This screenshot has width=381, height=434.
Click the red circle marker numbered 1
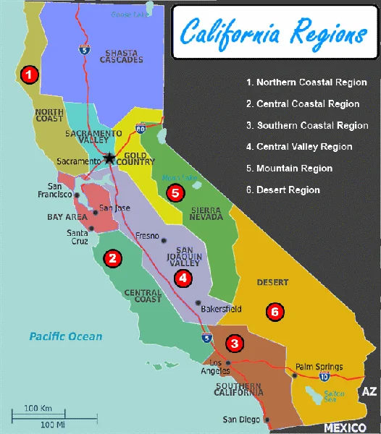pyautogui.click(x=28, y=74)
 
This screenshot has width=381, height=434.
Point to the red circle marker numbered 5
pyautogui.click(x=174, y=193)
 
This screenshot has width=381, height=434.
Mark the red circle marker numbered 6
pyautogui.click(x=273, y=312)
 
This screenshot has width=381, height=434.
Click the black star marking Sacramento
pyautogui.click(x=109, y=158)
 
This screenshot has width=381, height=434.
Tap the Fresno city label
pyautogui.click(x=148, y=236)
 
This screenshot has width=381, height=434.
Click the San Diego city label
pyautogui.click(x=240, y=419)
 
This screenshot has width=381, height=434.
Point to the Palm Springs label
pyautogui.click(x=319, y=367)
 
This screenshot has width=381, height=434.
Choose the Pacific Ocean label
pyautogui.click(x=66, y=336)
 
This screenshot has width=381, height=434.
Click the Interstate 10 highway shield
pyautogui.click(x=323, y=376)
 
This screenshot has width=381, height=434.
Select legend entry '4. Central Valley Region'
pyautogui.click(x=299, y=147)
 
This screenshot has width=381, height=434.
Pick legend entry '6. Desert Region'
pyautogui.click(x=283, y=190)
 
